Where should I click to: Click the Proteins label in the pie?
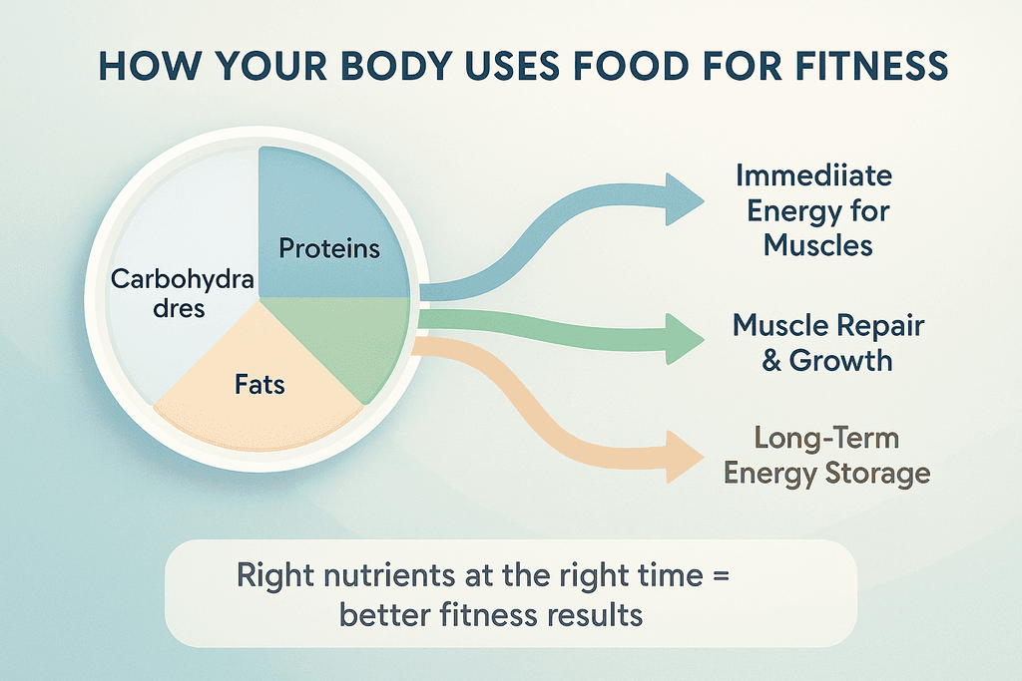tap(329, 248)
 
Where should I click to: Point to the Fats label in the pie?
tap(259, 385)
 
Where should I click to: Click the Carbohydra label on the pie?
tap(182, 280)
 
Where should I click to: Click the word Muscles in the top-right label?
tap(818, 246)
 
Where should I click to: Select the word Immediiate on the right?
tap(814, 175)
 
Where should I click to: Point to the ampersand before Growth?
tap(771, 360)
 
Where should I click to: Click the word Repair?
tap(880, 326)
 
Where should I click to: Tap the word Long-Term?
tap(826, 438)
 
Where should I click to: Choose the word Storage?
tap(877, 474)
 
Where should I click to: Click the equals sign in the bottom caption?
tap(721, 575)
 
